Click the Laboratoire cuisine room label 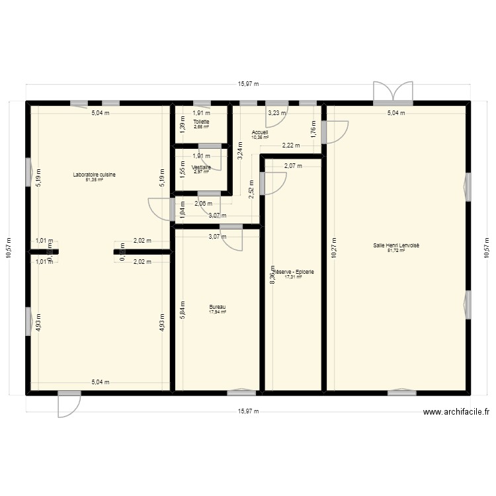coord(95,175)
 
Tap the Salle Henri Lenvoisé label coord(396,245)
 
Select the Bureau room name coord(218,307)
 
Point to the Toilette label coord(201,122)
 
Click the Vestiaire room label coord(201,167)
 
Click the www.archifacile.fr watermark coord(456,412)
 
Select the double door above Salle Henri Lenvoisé coord(393,92)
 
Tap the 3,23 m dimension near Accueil coord(277,113)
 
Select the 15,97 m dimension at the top coord(248,84)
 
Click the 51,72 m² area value coord(396,251)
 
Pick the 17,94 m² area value coord(218,311)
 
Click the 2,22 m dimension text coord(291,145)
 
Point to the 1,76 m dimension coord(313,130)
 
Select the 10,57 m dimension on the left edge coord(9,248)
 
